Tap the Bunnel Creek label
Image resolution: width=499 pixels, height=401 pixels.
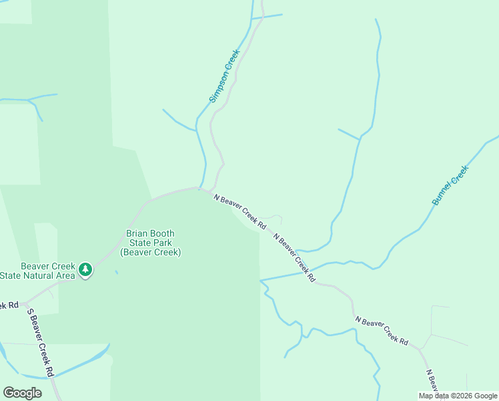click(x=450, y=185)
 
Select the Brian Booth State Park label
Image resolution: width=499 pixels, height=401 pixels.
click(x=150, y=243)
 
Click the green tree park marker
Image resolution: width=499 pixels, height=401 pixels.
click(x=85, y=270)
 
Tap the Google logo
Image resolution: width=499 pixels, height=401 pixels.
click(x=22, y=393)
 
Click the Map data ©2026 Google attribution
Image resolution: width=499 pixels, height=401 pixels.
click(x=458, y=396)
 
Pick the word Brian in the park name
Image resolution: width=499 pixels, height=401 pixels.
click(x=136, y=234)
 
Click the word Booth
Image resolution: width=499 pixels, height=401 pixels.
click(x=161, y=234)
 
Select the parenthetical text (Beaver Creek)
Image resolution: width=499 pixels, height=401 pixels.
click(x=150, y=253)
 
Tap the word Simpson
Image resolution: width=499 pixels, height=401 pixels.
click(x=220, y=90)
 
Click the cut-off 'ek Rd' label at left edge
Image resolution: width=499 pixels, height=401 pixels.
click(x=9, y=305)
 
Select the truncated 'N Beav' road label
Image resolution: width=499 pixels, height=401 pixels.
click(x=431, y=381)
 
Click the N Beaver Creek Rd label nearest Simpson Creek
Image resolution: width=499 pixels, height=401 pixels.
click(x=239, y=211)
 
